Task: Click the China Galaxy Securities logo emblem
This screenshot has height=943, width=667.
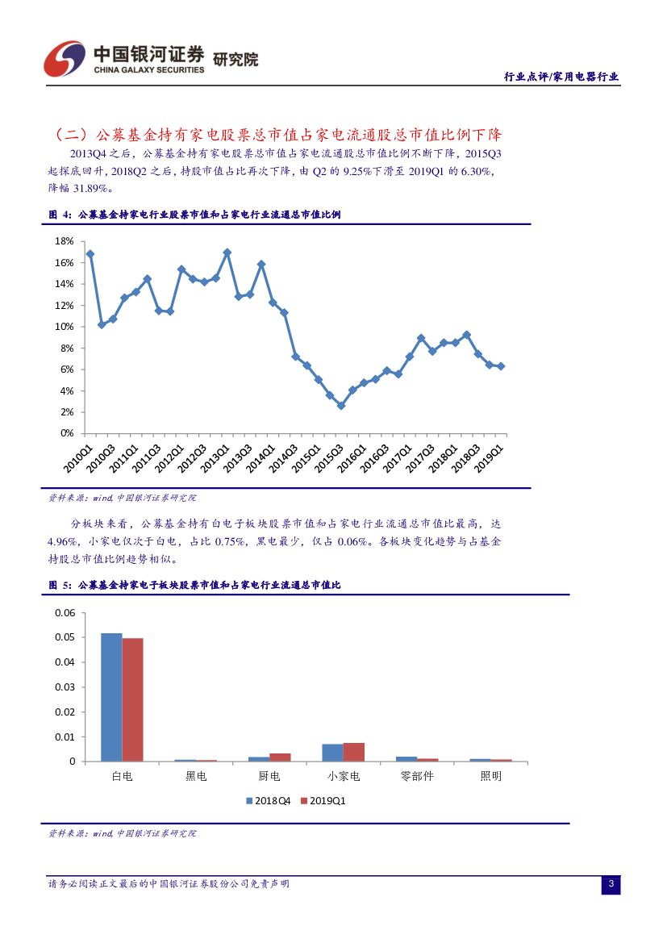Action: (65, 58)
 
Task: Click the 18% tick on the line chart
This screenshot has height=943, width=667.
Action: (64, 241)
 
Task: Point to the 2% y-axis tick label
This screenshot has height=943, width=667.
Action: (66, 412)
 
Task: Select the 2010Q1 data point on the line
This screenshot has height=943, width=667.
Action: (90, 254)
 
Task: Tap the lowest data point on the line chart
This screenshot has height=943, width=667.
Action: (340, 406)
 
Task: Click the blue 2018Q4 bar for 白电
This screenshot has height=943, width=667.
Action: (111, 697)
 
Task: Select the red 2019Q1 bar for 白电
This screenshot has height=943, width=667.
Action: (132, 699)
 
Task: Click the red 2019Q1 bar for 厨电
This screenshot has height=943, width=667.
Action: (280, 757)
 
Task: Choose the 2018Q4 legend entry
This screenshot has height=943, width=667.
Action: (268, 801)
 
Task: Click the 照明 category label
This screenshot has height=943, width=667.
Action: (490, 777)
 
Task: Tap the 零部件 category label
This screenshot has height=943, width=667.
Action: (417, 777)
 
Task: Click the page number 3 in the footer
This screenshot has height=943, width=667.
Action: (611, 885)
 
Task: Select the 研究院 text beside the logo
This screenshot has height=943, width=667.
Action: (236, 59)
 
